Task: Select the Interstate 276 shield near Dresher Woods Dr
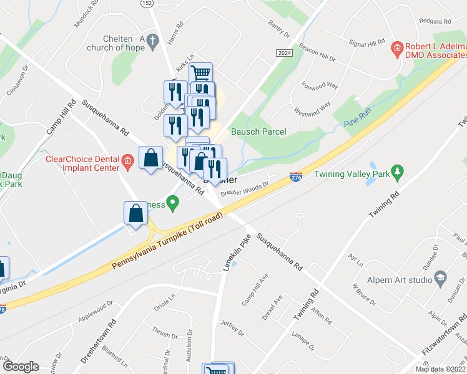point(297,178)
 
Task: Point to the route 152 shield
point(147,3)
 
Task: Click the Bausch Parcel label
point(258,132)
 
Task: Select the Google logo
point(20,367)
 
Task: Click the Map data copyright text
point(440,369)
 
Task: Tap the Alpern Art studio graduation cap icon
point(440,277)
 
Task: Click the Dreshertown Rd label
point(99,342)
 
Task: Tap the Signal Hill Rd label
point(367,43)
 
